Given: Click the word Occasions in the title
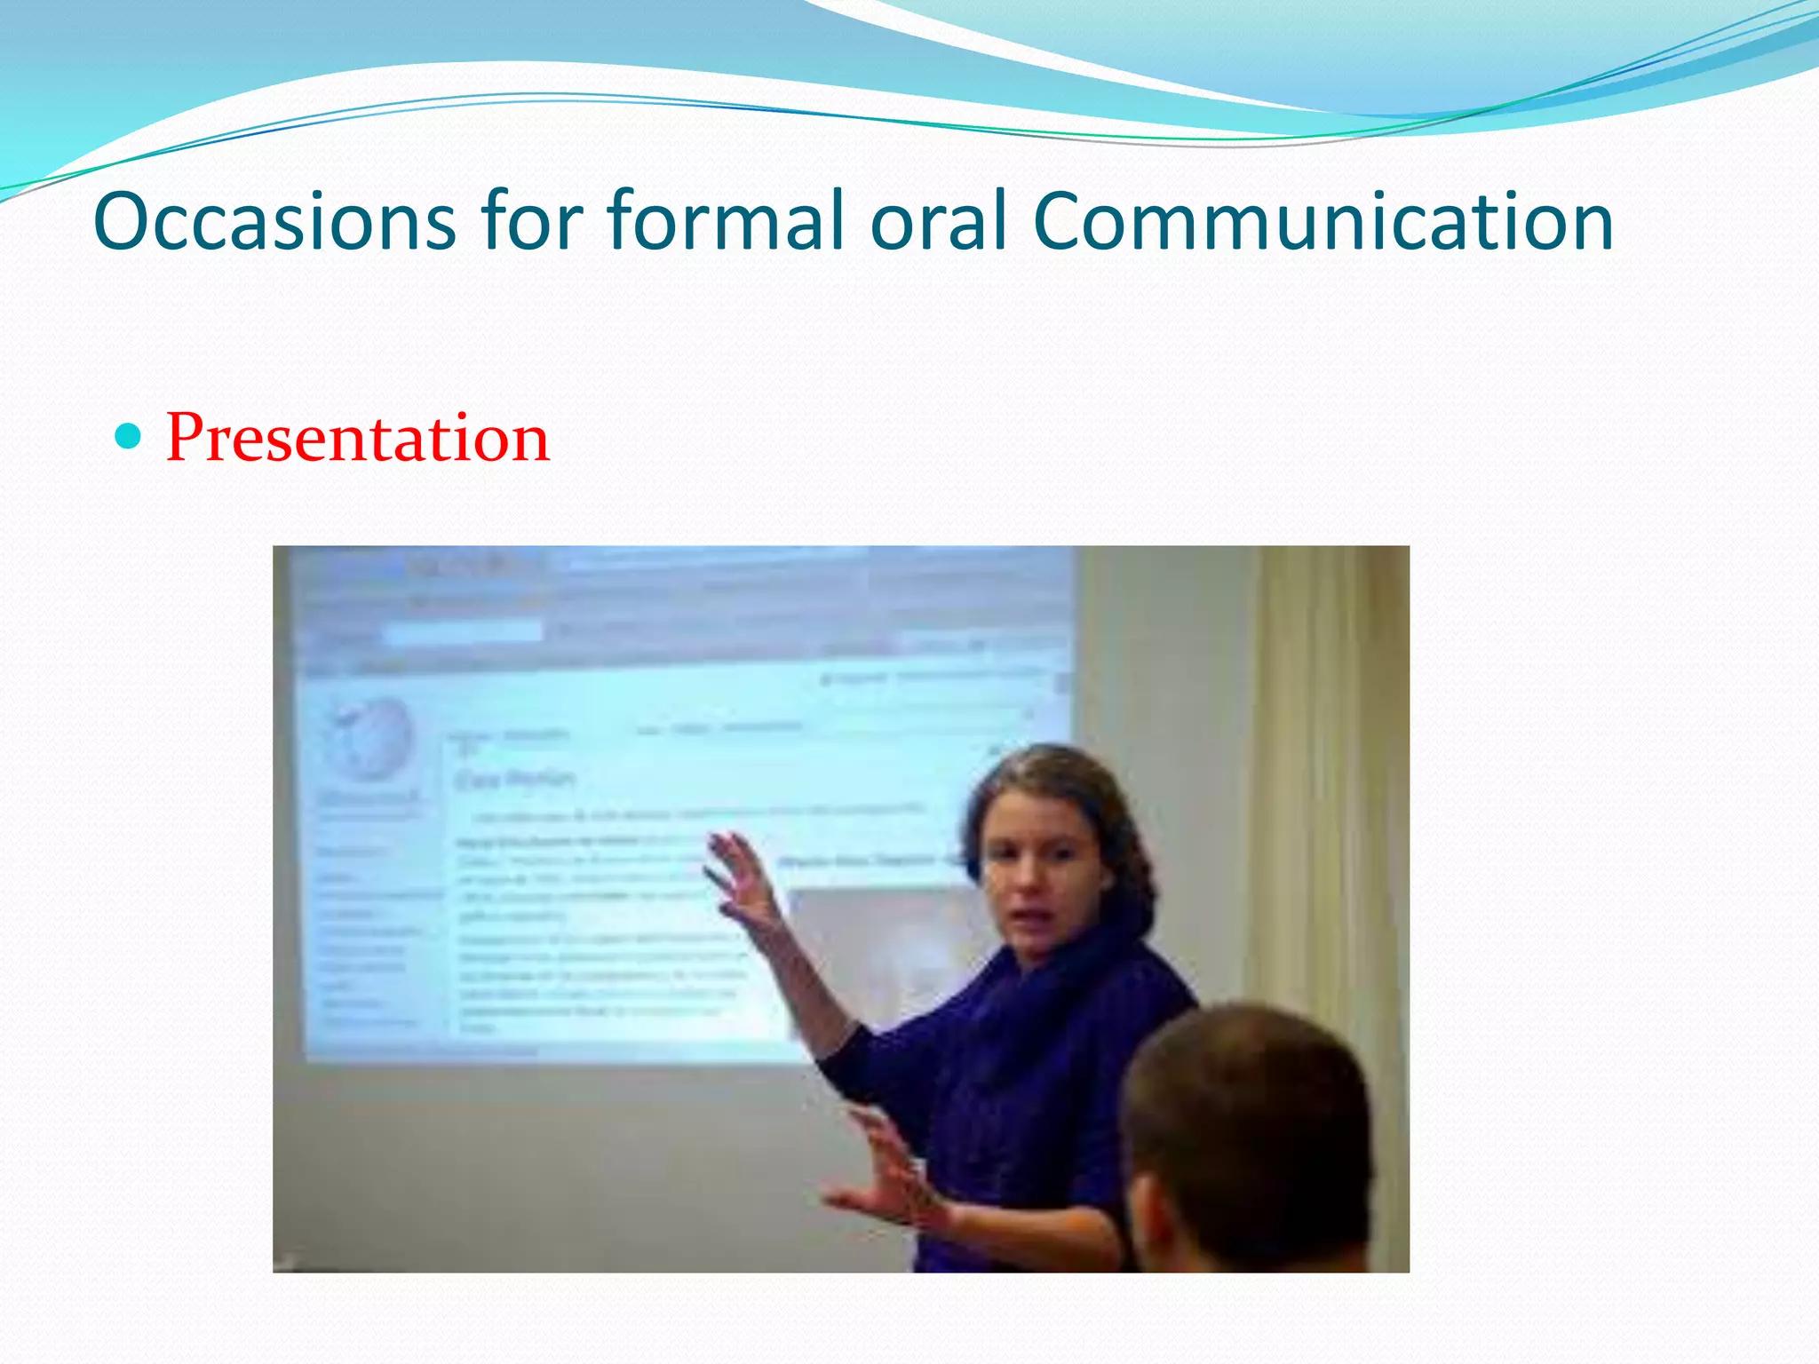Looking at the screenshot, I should pyautogui.click(x=274, y=222).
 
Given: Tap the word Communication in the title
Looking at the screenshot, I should pyautogui.click(x=1323, y=222).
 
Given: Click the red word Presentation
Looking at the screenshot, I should pyautogui.click(x=358, y=438).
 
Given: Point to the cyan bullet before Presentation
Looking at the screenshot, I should pyautogui.click(x=129, y=436).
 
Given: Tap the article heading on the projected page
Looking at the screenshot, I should pyautogui.click(x=515, y=780).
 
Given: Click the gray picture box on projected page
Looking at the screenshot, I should pyautogui.click(x=879, y=950).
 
